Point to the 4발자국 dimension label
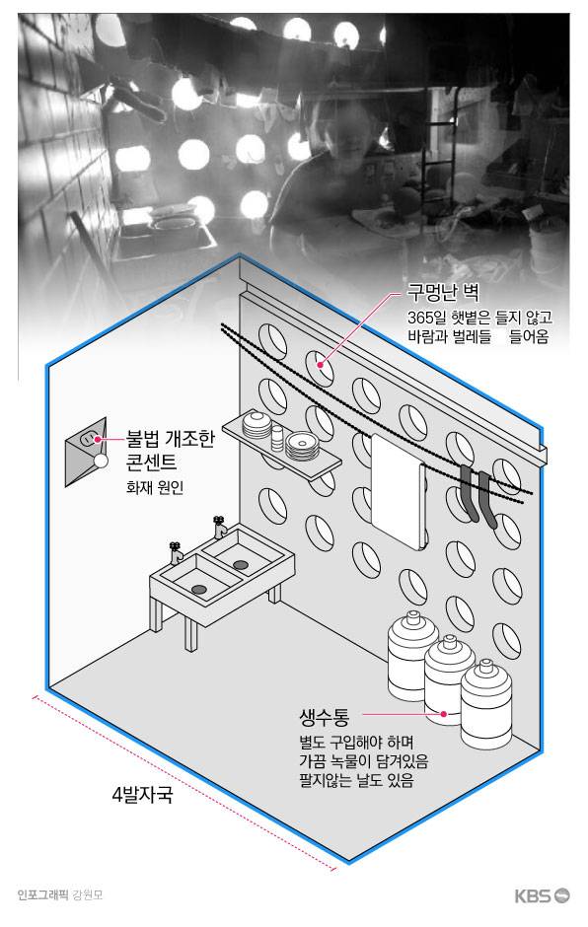point(141,794)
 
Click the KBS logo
point(541,895)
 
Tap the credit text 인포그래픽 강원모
point(59,895)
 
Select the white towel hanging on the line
point(397,487)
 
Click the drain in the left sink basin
point(197,589)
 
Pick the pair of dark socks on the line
point(476,497)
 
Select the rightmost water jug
point(489,704)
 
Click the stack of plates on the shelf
point(302,447)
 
